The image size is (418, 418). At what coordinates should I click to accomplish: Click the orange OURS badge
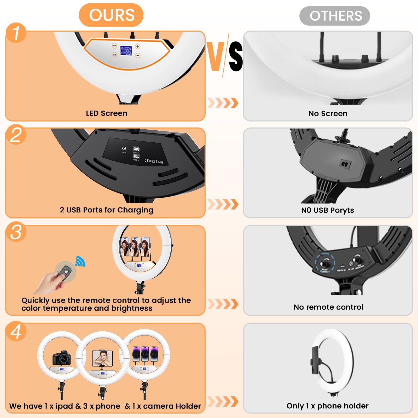[111, 15]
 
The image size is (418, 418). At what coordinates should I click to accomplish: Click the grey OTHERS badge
[335, 16]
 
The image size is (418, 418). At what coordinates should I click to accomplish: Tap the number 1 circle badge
[16, 33]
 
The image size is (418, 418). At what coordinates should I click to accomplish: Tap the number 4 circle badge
[16, 331]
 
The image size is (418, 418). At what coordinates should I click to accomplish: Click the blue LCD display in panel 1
[126, 50]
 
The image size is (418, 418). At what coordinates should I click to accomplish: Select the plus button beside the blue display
[138, 47]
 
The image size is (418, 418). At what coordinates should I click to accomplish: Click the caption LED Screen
[107, 113]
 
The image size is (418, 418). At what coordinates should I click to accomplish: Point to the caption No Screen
[328, 114]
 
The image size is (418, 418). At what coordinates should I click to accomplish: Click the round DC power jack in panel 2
[124, 148]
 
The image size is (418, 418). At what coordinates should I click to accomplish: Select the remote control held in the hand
[65, 272]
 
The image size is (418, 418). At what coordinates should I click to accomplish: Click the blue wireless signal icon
[80, 261]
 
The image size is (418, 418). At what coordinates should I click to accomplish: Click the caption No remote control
[328, 307]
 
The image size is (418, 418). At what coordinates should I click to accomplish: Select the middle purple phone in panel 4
[145, 354]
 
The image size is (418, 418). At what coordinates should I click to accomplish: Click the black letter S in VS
[236, 56]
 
